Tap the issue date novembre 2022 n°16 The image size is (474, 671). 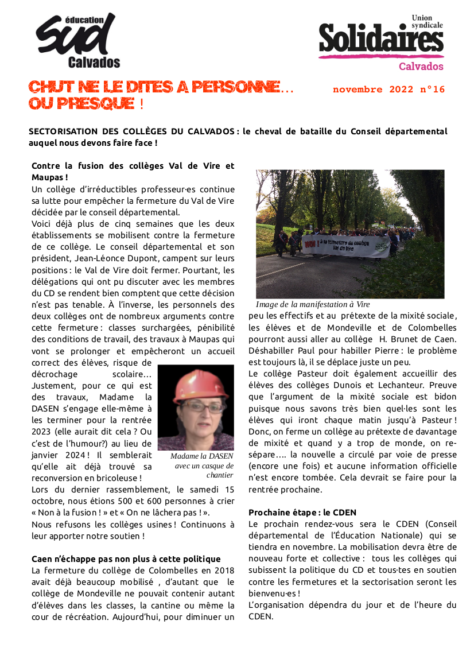coord(388,90)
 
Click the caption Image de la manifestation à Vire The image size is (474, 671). coord(313,304)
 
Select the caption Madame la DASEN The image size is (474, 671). coord(202,456)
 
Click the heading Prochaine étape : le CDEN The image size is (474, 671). coord(302,512)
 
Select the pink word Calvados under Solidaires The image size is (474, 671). coord(421,66)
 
